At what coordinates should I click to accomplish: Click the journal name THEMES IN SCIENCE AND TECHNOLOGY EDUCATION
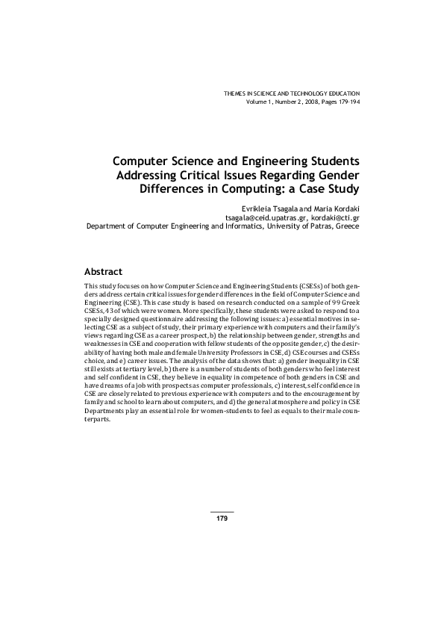[292, 93]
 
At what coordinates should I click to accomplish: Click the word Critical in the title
[198, 175]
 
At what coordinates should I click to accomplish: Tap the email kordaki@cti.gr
[335, 216]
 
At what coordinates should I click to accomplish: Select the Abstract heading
[104, 271]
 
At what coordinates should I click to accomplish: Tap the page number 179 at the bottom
[222, 518]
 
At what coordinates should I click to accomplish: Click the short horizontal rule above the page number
[222, 512]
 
